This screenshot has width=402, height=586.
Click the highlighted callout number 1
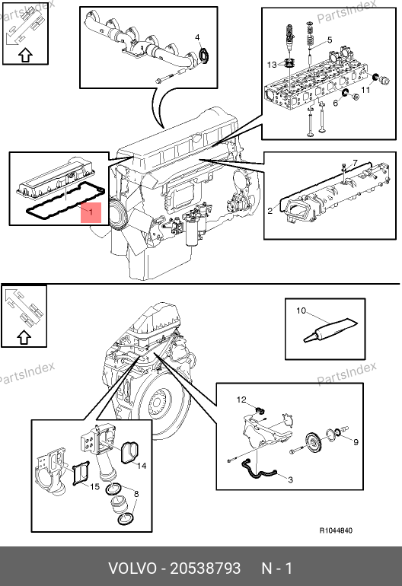(x=91, y=212)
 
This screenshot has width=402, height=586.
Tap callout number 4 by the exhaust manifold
(x=197, y=37)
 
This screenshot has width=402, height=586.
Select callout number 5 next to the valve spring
(x=330, y=40)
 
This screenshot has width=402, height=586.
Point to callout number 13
(x=272, y=65)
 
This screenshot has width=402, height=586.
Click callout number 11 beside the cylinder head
(x=365, y=90)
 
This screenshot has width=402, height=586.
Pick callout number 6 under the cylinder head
(x=336, y=103)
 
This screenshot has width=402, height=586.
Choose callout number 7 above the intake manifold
(x=355, y=163)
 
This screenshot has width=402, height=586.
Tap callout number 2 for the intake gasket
(x=270, y=211)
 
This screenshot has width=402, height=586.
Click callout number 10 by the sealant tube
(x=301, y=311)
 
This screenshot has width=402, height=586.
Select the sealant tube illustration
(x=331, y=330)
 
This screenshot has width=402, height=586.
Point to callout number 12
(x=241, y=400)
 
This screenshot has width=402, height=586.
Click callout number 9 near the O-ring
(x=356, y=442)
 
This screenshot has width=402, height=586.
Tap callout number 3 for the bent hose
(x=291, y=479)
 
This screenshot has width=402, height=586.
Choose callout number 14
(x=142, y=466)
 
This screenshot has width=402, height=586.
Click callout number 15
(x=94, y=486)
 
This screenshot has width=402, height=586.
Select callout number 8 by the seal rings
(x=136, y=494)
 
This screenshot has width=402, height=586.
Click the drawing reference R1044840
(x=336, y=530)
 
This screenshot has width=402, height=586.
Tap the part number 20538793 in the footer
(x=206, y=568)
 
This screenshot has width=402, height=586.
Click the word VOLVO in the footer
(x=132, y=568)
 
